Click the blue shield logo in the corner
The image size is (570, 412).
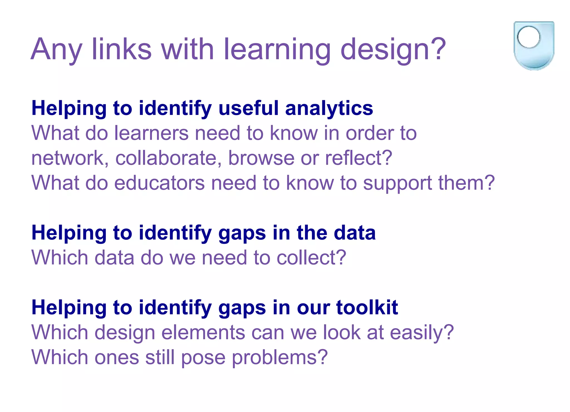point(534,46)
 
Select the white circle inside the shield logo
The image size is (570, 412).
point(529,37)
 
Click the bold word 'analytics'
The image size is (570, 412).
point(329,109)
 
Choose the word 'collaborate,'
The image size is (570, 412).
point(169,158)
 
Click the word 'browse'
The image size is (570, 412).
point(261,158)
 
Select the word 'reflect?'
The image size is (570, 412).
point(359,158)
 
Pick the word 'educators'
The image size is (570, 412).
point(159,183)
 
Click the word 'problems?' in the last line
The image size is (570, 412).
point(280,358)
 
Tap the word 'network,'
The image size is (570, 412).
point(70,158)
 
